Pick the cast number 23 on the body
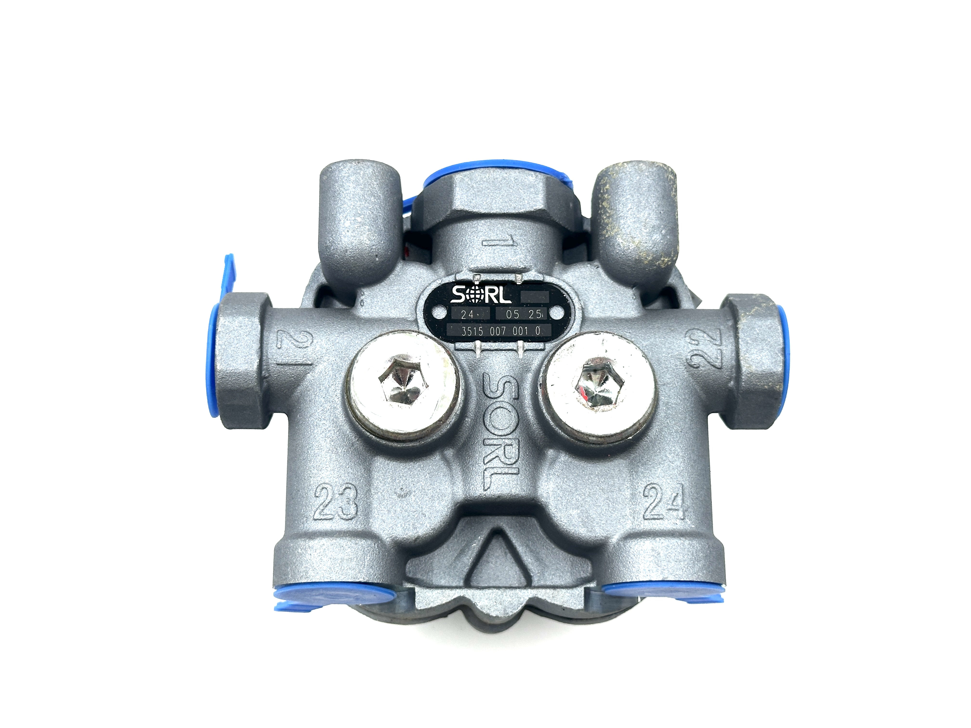pos(336,501)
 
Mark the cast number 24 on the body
pos(664,501)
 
